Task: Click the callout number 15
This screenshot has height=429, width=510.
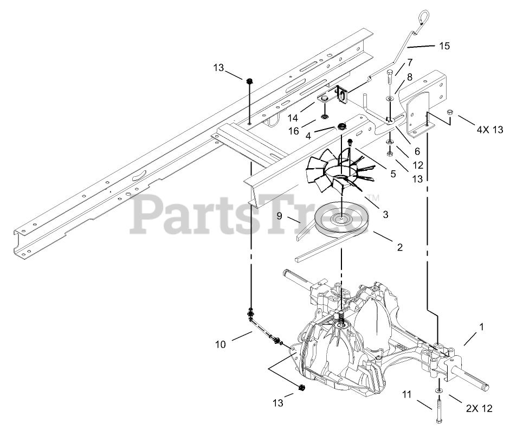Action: [x=444, y=46]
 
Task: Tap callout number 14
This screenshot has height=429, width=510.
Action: [x=293, y=118]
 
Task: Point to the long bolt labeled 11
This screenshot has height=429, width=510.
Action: [x=438, y=411]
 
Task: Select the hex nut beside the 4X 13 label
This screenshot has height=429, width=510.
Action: [x=449, y=112]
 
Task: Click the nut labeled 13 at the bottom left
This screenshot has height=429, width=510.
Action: [x=302, y=388]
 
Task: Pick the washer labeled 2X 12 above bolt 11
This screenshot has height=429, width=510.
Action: [x=438, y=390]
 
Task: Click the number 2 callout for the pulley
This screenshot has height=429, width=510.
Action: [x=399, y=247]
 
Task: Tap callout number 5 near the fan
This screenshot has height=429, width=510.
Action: [x=392, y=173]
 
